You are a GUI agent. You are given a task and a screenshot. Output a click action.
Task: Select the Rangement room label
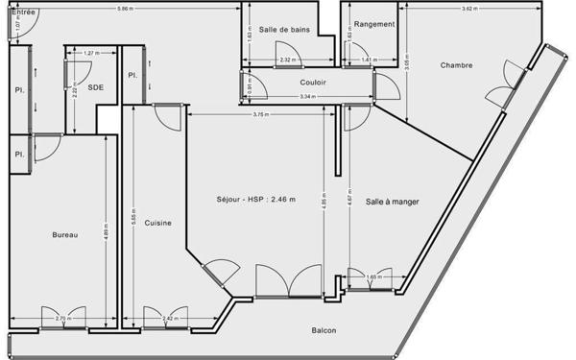(373, 24)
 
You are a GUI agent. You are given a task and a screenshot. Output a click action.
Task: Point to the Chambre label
(457, 65)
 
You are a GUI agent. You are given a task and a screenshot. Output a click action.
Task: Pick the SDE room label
(96, 87)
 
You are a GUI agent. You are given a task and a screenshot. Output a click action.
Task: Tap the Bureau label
(64, 234)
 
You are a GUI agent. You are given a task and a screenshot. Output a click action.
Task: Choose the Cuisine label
(158, 223)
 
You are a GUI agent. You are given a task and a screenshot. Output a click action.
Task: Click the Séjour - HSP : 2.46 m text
(256, 200)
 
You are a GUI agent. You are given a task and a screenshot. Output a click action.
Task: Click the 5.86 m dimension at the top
(125, 9)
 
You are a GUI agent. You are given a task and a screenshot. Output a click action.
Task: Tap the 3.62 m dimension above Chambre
(468, 9)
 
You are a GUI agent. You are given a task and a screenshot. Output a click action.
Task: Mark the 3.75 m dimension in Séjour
(260, 115)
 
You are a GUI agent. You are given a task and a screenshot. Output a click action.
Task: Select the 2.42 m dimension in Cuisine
(169, 318)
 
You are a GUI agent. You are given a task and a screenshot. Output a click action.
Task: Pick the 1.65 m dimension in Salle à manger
(373, 277)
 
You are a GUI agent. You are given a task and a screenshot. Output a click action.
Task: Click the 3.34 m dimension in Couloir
(306, 97)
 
